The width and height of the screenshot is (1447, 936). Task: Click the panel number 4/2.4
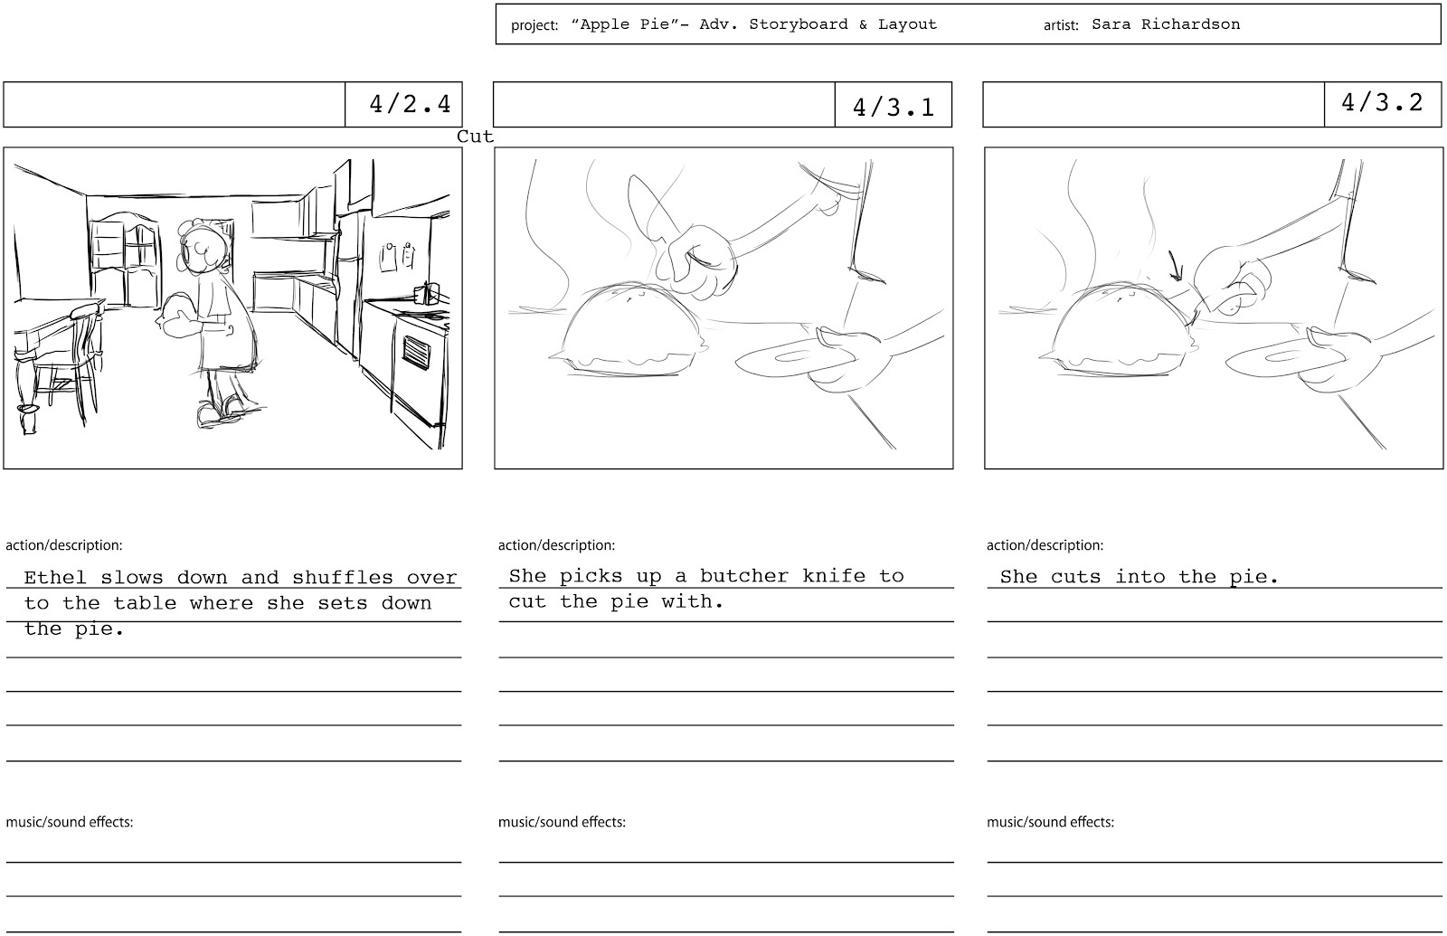point(410,104)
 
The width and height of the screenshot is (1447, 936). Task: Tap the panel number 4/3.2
point(1382,102)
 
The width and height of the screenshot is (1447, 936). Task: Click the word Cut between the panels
point(475,137)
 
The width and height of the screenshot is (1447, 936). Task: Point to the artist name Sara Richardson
point(1166,24)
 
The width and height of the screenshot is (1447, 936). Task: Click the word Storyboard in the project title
point(799,24)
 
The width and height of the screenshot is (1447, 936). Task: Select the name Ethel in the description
point(55,577)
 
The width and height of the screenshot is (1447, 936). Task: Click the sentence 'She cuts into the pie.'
point(1139,576)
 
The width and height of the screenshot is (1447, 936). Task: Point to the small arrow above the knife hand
point(1175,266)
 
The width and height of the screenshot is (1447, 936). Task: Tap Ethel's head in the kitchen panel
point(203,249)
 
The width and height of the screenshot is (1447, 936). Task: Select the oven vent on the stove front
point(416,352)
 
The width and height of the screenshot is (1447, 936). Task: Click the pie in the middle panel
point(629,329)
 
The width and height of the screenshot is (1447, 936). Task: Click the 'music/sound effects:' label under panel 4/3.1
point(562,822)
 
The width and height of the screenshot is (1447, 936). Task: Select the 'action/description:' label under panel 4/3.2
point(1045,544)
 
